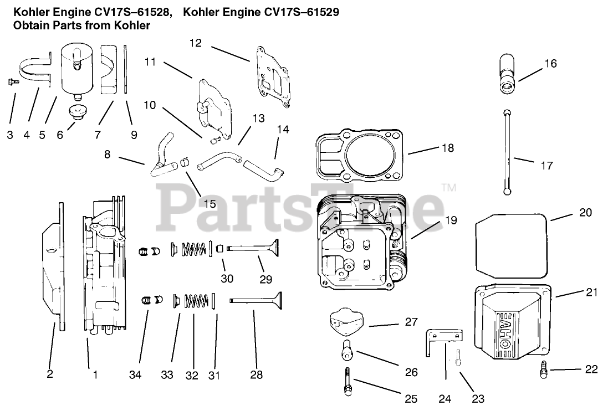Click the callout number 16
550,64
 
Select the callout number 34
136,375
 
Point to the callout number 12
196,43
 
